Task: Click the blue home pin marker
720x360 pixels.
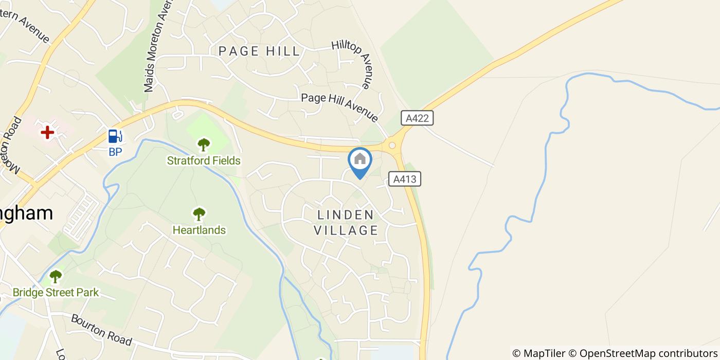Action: point(360,160)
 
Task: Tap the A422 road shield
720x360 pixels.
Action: point(417,118)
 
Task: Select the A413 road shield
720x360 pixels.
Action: point(405,179)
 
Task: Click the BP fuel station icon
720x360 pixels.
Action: point(115,136)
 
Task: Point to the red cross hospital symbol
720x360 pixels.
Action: point(47,133)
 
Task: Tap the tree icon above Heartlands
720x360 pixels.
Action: point(199,214)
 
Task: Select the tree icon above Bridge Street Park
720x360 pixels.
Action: point(56,277)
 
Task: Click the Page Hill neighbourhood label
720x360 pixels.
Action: point(259,51)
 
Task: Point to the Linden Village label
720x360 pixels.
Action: point(346,222)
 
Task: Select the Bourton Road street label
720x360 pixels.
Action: point(101,330)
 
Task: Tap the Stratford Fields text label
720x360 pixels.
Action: point(204,161)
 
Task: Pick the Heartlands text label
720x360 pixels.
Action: point(199,230)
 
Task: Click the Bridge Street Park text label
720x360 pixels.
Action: point(56,293)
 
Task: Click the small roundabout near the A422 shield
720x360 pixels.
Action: point(392,146)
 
